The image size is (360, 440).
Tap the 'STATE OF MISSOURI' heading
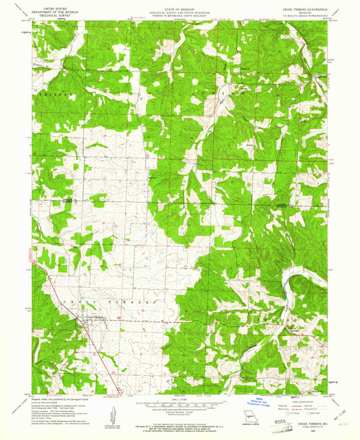pos(180,7)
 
